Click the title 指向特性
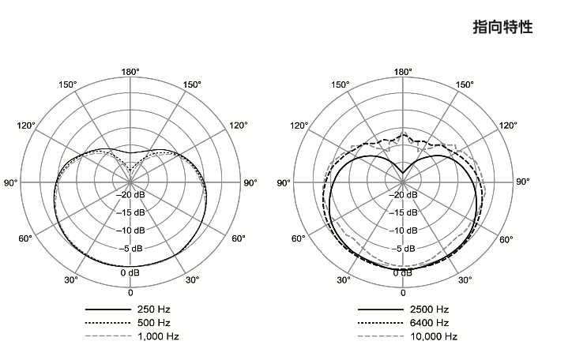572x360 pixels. click(x=502, y=27)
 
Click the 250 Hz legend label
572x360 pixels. click(x=153, y=309)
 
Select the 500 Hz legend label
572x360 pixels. click(x=153, y=323)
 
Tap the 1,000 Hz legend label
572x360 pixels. click(x=158, y=336)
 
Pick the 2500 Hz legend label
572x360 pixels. click(x=429, y=309)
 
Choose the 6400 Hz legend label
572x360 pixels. click(x=429, y=323)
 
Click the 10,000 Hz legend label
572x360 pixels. click(x=434, y=336)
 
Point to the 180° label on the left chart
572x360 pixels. click(x=130, y=72)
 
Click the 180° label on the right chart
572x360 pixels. click(x=403, y=72)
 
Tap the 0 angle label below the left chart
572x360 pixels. click(x=130, y=293)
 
